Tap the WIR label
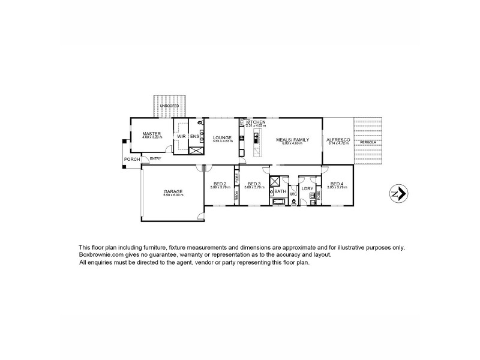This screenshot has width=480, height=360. click(181, 136)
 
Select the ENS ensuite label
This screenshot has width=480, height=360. click(194, 136)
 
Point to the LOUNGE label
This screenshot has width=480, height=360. click(222, 137)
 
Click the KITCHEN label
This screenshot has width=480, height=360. click(256, 122)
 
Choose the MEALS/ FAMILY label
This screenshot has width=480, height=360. click(292, 140)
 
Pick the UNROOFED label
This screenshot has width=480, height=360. click(169, 106)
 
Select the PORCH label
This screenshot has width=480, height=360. click(131, 159)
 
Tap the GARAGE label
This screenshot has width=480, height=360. click(173, 191)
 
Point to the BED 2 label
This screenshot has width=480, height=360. click(219, 184)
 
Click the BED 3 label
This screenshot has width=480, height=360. click(254, 184)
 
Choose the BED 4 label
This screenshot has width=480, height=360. click(337, 184)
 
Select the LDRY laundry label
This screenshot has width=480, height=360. click(308, 189)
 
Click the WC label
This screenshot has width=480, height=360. click(293, 194)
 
